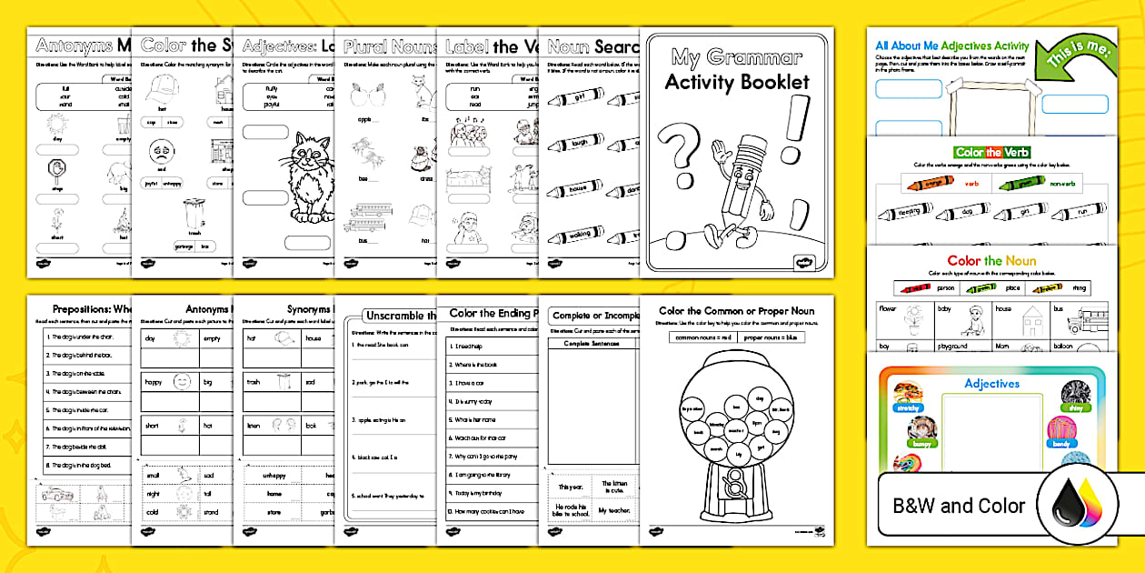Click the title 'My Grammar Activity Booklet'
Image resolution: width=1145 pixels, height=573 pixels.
[736, 69]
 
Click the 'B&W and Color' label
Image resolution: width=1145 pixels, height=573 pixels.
[958, 506]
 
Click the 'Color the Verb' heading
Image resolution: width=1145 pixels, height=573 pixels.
[991, 152]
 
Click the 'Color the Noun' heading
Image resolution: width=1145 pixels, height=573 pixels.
[991, 261]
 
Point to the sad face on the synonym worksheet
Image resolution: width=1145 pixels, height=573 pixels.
[161, 150]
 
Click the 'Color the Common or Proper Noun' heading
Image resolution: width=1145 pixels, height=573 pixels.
[736, 310]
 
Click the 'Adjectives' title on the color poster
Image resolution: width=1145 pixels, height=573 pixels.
[991, 383]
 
